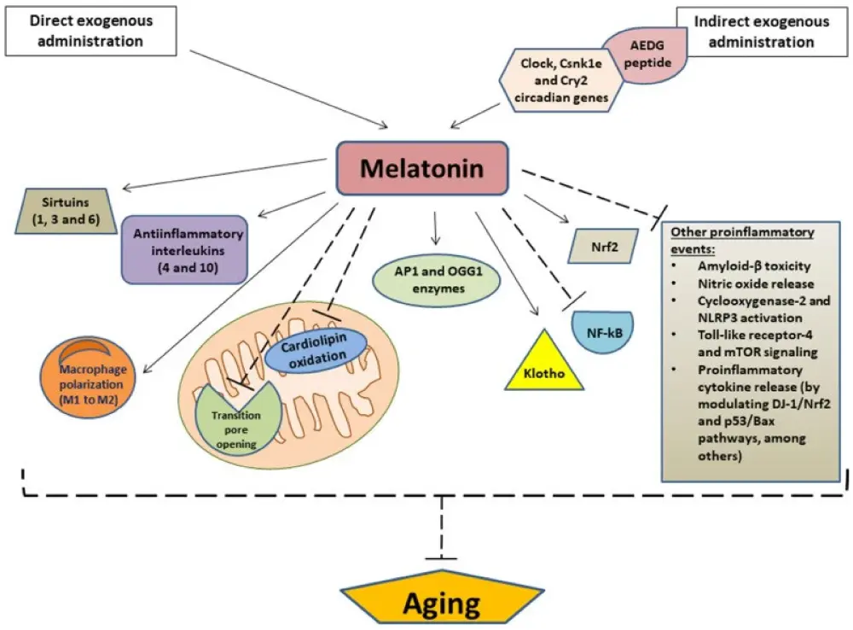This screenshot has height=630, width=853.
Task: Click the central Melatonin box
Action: (421, 168)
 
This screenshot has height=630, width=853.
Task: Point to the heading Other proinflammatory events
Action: (741, 239)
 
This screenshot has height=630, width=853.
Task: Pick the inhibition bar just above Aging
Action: (441, 558)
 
